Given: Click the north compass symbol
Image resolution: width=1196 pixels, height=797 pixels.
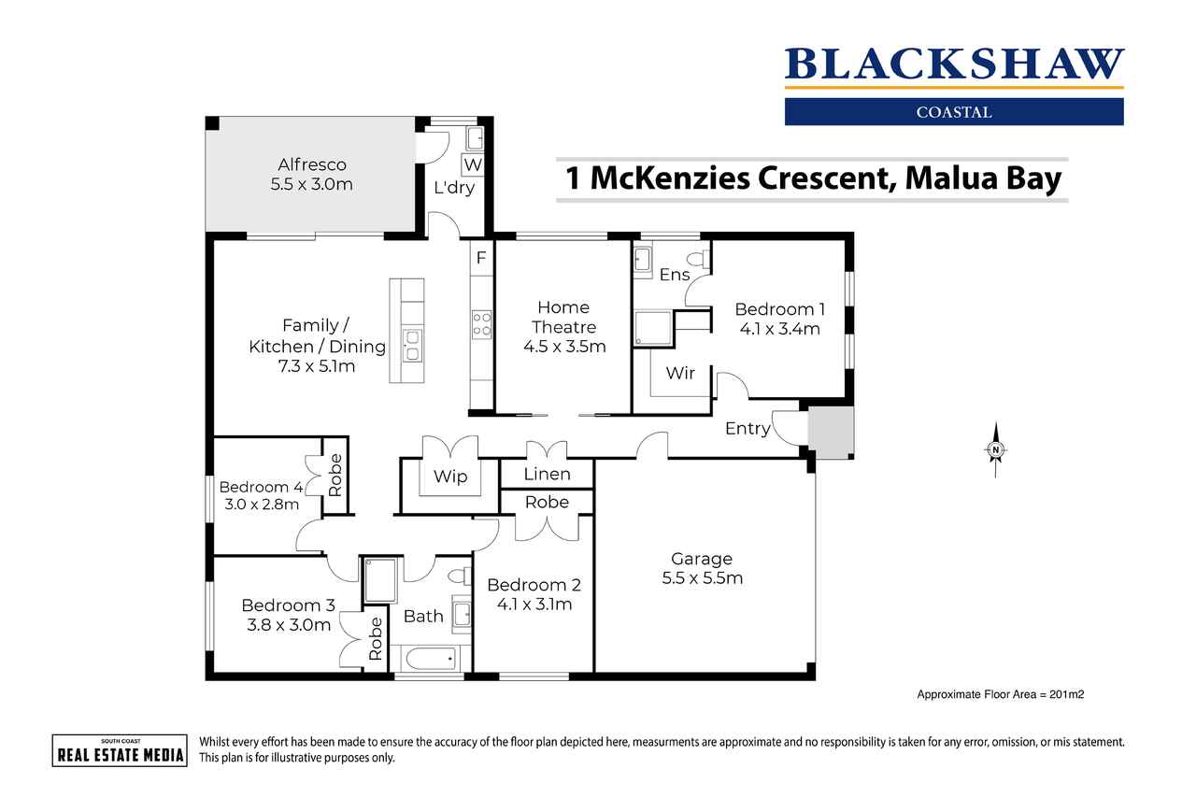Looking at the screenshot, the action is (x=995, y=449).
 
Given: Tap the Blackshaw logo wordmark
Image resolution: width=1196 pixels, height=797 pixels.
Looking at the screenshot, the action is (x=954, y=64).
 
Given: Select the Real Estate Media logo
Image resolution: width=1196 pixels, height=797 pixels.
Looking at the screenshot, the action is (x=120, y=750).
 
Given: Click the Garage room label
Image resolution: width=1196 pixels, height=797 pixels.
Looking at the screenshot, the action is (x=702, y=559).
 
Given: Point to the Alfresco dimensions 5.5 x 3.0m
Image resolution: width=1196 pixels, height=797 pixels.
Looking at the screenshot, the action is (x=311, y=184).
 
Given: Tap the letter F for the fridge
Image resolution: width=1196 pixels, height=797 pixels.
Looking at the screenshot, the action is (x=481, y=258).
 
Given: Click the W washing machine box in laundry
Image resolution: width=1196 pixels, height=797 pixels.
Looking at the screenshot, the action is (x=473, y=164).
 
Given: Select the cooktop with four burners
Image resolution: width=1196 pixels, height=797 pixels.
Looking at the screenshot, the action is (x=481, y=324).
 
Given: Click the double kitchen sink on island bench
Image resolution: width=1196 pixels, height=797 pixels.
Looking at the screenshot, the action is (x=412, y=346).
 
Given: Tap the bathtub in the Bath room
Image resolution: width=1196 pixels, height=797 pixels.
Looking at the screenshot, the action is (x=431, y=658).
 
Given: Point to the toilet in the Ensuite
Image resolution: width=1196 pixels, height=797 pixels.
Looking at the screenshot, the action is (x=700, y=260).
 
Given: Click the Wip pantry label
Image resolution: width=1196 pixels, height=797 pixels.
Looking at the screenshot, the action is (x=450, y=477).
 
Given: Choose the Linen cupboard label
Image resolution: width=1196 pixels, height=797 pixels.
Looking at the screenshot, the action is (x=547, y=474).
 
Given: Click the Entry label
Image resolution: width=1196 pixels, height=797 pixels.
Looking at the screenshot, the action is (x=747, y=429).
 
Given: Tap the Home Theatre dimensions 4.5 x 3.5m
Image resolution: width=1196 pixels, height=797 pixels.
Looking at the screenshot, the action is (x=564, y=347).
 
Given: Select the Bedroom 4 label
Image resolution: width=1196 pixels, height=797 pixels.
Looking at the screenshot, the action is (x=261, y=487).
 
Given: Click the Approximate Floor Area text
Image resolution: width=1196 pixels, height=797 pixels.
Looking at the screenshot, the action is (x=1000, y=694).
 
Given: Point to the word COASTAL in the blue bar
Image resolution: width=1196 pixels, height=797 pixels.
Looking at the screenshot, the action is (x=954, y=112).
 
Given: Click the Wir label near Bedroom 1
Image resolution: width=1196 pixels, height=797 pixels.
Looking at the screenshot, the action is (x=680, y=373).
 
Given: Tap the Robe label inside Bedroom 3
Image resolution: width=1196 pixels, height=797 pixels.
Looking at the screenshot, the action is (x=376, y=638).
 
